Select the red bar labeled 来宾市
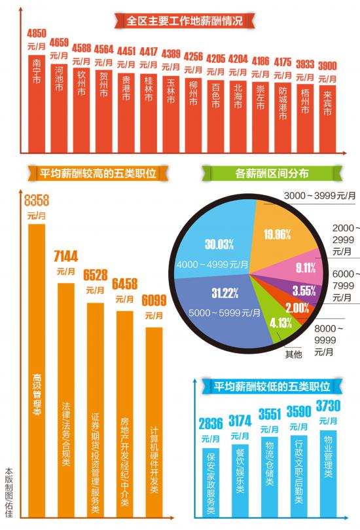[327, 118]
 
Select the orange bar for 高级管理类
[37, 367]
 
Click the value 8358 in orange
[37, 199]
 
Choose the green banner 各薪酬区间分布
[272, 174]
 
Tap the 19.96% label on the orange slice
[277, 235]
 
